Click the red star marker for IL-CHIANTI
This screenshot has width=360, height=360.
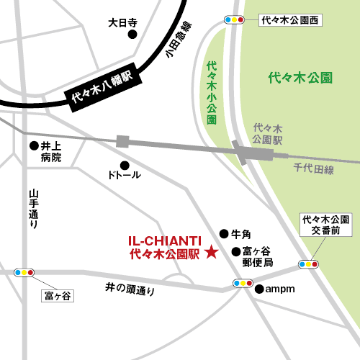211,252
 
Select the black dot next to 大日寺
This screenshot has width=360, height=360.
132,34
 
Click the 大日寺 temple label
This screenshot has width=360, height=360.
122,22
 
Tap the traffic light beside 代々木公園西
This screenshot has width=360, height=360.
234,20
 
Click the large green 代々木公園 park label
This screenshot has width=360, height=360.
300,76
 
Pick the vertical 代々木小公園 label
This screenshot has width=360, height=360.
211,93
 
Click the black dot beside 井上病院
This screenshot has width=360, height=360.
33,145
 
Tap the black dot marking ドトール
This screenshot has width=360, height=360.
124,164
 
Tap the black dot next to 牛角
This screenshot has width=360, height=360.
223,234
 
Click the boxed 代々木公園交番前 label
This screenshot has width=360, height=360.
325,225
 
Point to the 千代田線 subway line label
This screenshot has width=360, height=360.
314,169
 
